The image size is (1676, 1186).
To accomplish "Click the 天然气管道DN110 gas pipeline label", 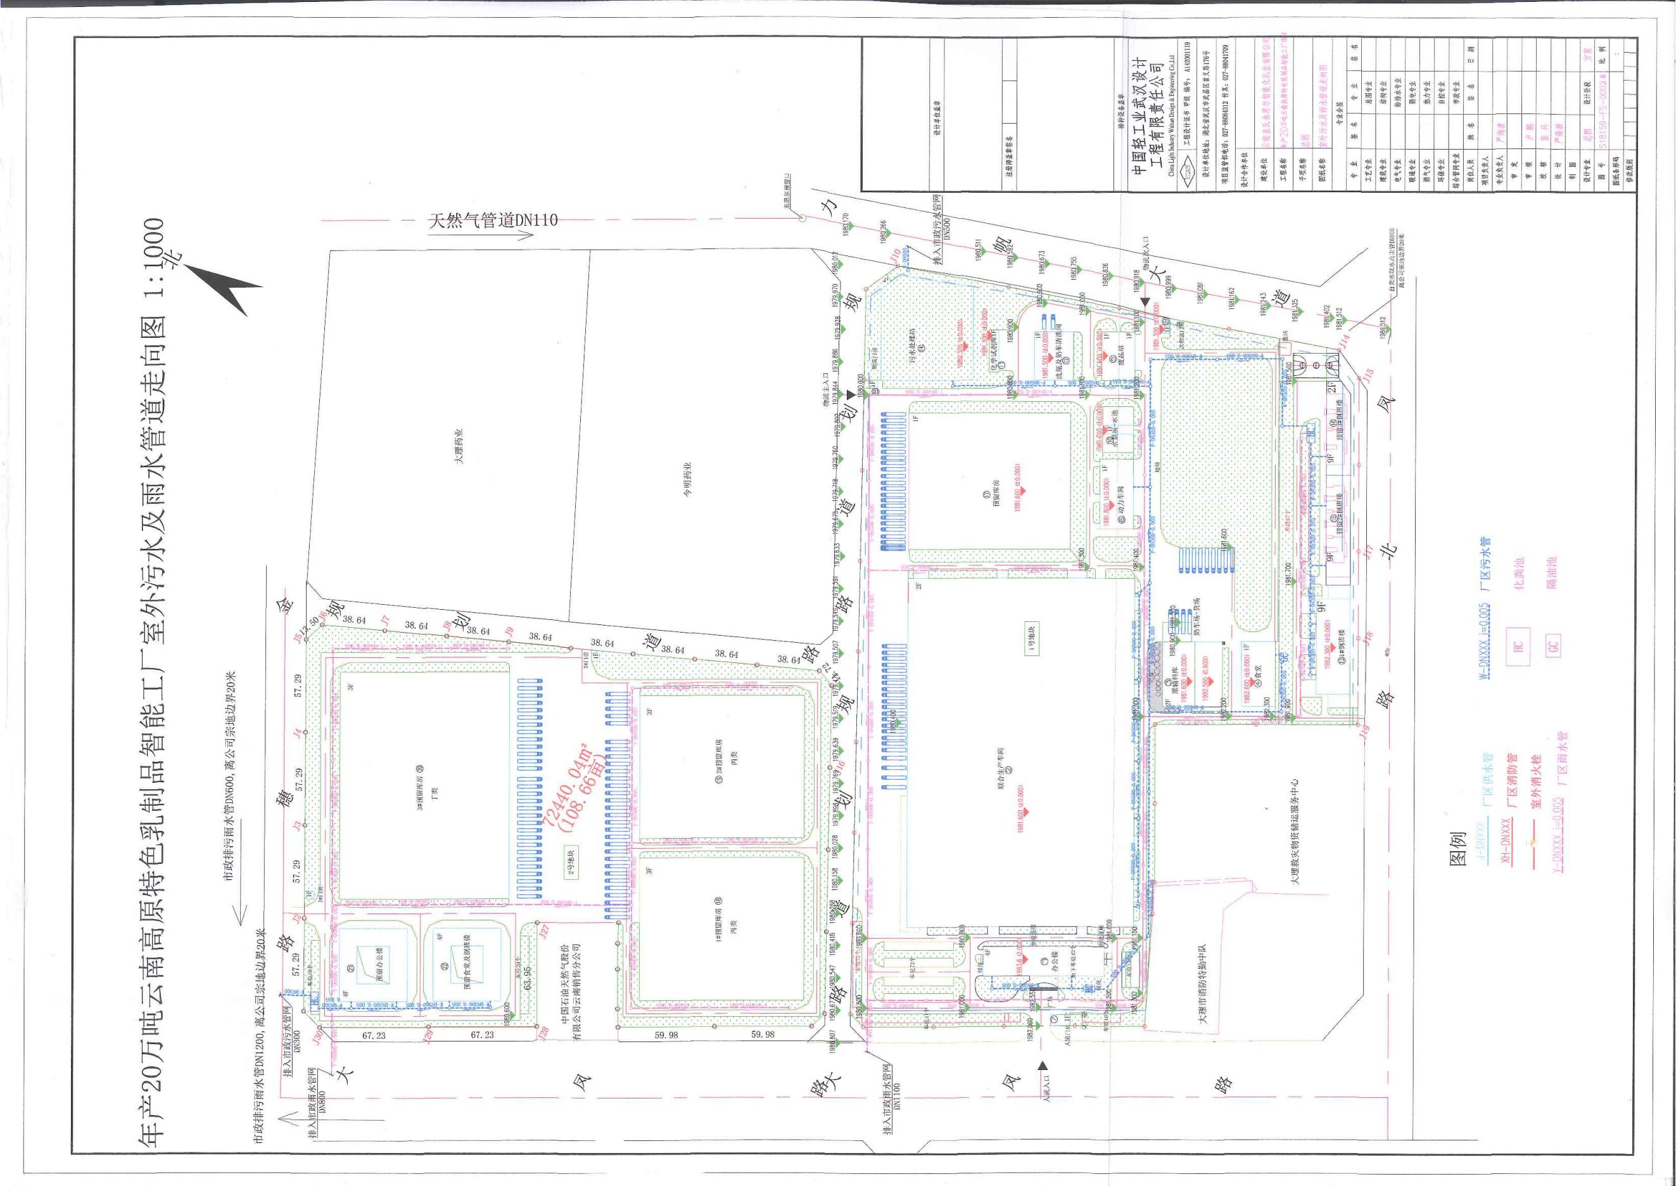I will click(x=493, y=221).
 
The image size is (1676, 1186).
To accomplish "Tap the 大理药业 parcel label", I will click(x=459, y=446).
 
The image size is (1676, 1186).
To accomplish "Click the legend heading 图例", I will click(x=1455, y=847).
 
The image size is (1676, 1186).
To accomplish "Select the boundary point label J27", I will click(x=544, y=932).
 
